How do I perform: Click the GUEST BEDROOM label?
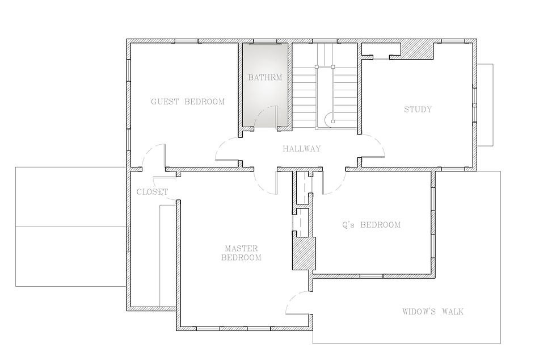(188, 102)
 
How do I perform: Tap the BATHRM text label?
(266, 77)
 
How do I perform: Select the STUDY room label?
(418, 110)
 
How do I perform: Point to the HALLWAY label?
(302, 149)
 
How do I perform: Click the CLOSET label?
(153, 192)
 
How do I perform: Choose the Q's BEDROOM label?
(371, 225)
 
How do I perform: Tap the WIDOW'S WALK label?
(433, 312)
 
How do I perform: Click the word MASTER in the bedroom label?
(242, 249)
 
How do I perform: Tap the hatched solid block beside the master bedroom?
(304, 254)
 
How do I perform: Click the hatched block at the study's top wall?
(417, 51)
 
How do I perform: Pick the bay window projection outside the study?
(485, 104)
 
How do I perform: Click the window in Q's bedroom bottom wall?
(371, 276)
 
